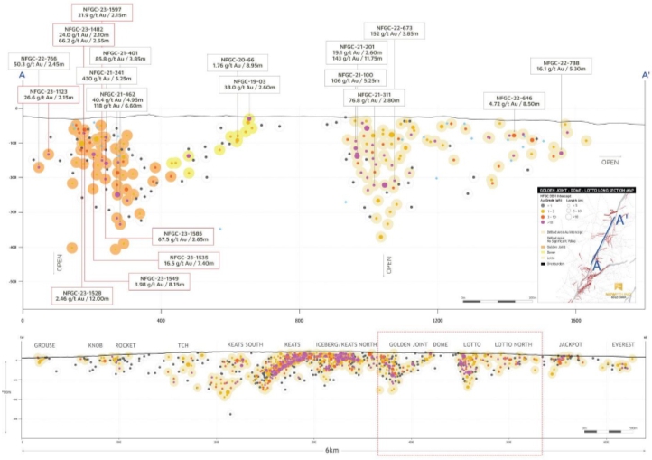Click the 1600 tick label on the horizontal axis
point(575,319)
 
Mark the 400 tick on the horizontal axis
point(161,319)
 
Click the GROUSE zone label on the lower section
point(46,346)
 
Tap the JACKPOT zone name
point(571,346)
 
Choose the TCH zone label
point(182,346)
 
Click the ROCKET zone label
point(126,346)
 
